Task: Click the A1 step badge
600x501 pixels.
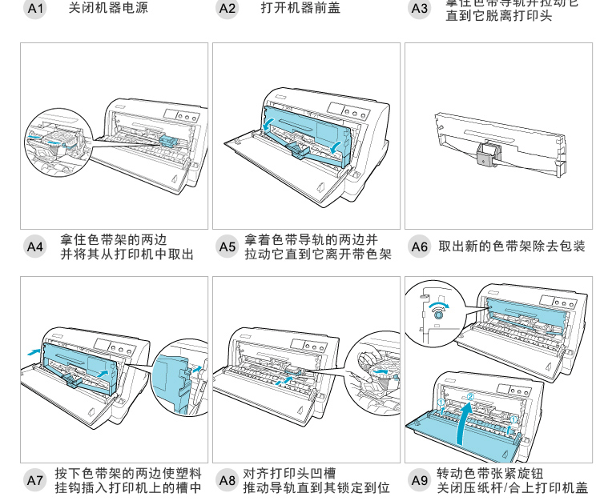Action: [x=35, y=9]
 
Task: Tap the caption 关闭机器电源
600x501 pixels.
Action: [x=108, y=9]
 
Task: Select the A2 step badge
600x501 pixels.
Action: [x=228, y=9]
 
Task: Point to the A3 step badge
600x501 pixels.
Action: [x=420, y=9]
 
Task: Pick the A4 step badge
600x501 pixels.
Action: [x=35, y=246]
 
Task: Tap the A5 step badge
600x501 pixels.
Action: [x=228, y=246]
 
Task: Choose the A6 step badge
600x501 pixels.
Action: [x=420, y=246]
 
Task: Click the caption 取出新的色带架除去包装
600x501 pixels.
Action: [x=512, y=246]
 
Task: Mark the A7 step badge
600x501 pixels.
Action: [x=35, y=480]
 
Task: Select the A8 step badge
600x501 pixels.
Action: [x=228, y=480]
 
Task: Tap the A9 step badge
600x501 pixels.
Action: [x=420, y=480]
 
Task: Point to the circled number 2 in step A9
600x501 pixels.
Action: [x=471, y=396]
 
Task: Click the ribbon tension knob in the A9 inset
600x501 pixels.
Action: [x=438, y=315]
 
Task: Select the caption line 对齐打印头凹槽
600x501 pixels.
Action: [x=290, y=473]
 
